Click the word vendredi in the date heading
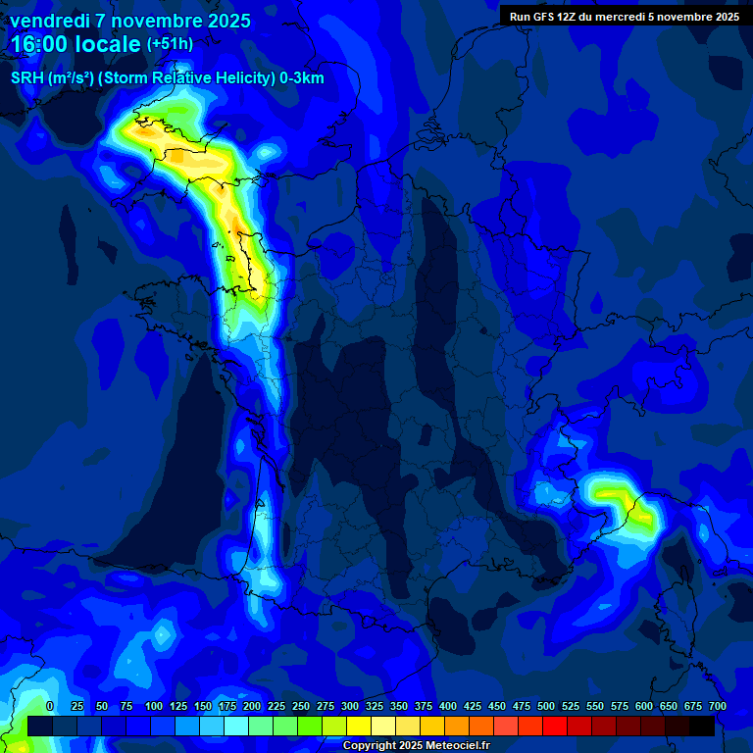(50, 21)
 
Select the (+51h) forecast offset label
(170, 44)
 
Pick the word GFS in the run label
(545, 17)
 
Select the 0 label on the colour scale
(50, 706)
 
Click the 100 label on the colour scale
(154, 706)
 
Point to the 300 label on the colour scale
(350, 706)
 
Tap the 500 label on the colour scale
(546, 706)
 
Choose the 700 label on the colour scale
(718, 706)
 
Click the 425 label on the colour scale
(473, 706)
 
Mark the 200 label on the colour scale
(252, 706)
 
